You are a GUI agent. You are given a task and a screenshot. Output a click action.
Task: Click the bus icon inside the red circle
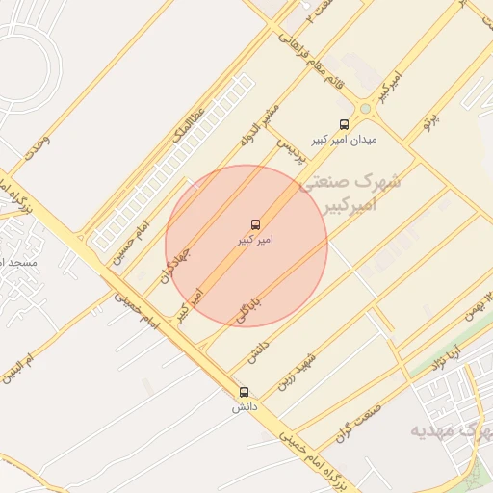coord(255,223)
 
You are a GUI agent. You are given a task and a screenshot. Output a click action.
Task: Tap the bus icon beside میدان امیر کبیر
coord(345,123)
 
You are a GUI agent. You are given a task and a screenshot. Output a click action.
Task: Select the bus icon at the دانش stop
coord(244,392)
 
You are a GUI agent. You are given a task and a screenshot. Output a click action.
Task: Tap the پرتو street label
coord(430,121)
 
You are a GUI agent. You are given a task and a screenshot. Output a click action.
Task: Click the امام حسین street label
coord(126,242)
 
